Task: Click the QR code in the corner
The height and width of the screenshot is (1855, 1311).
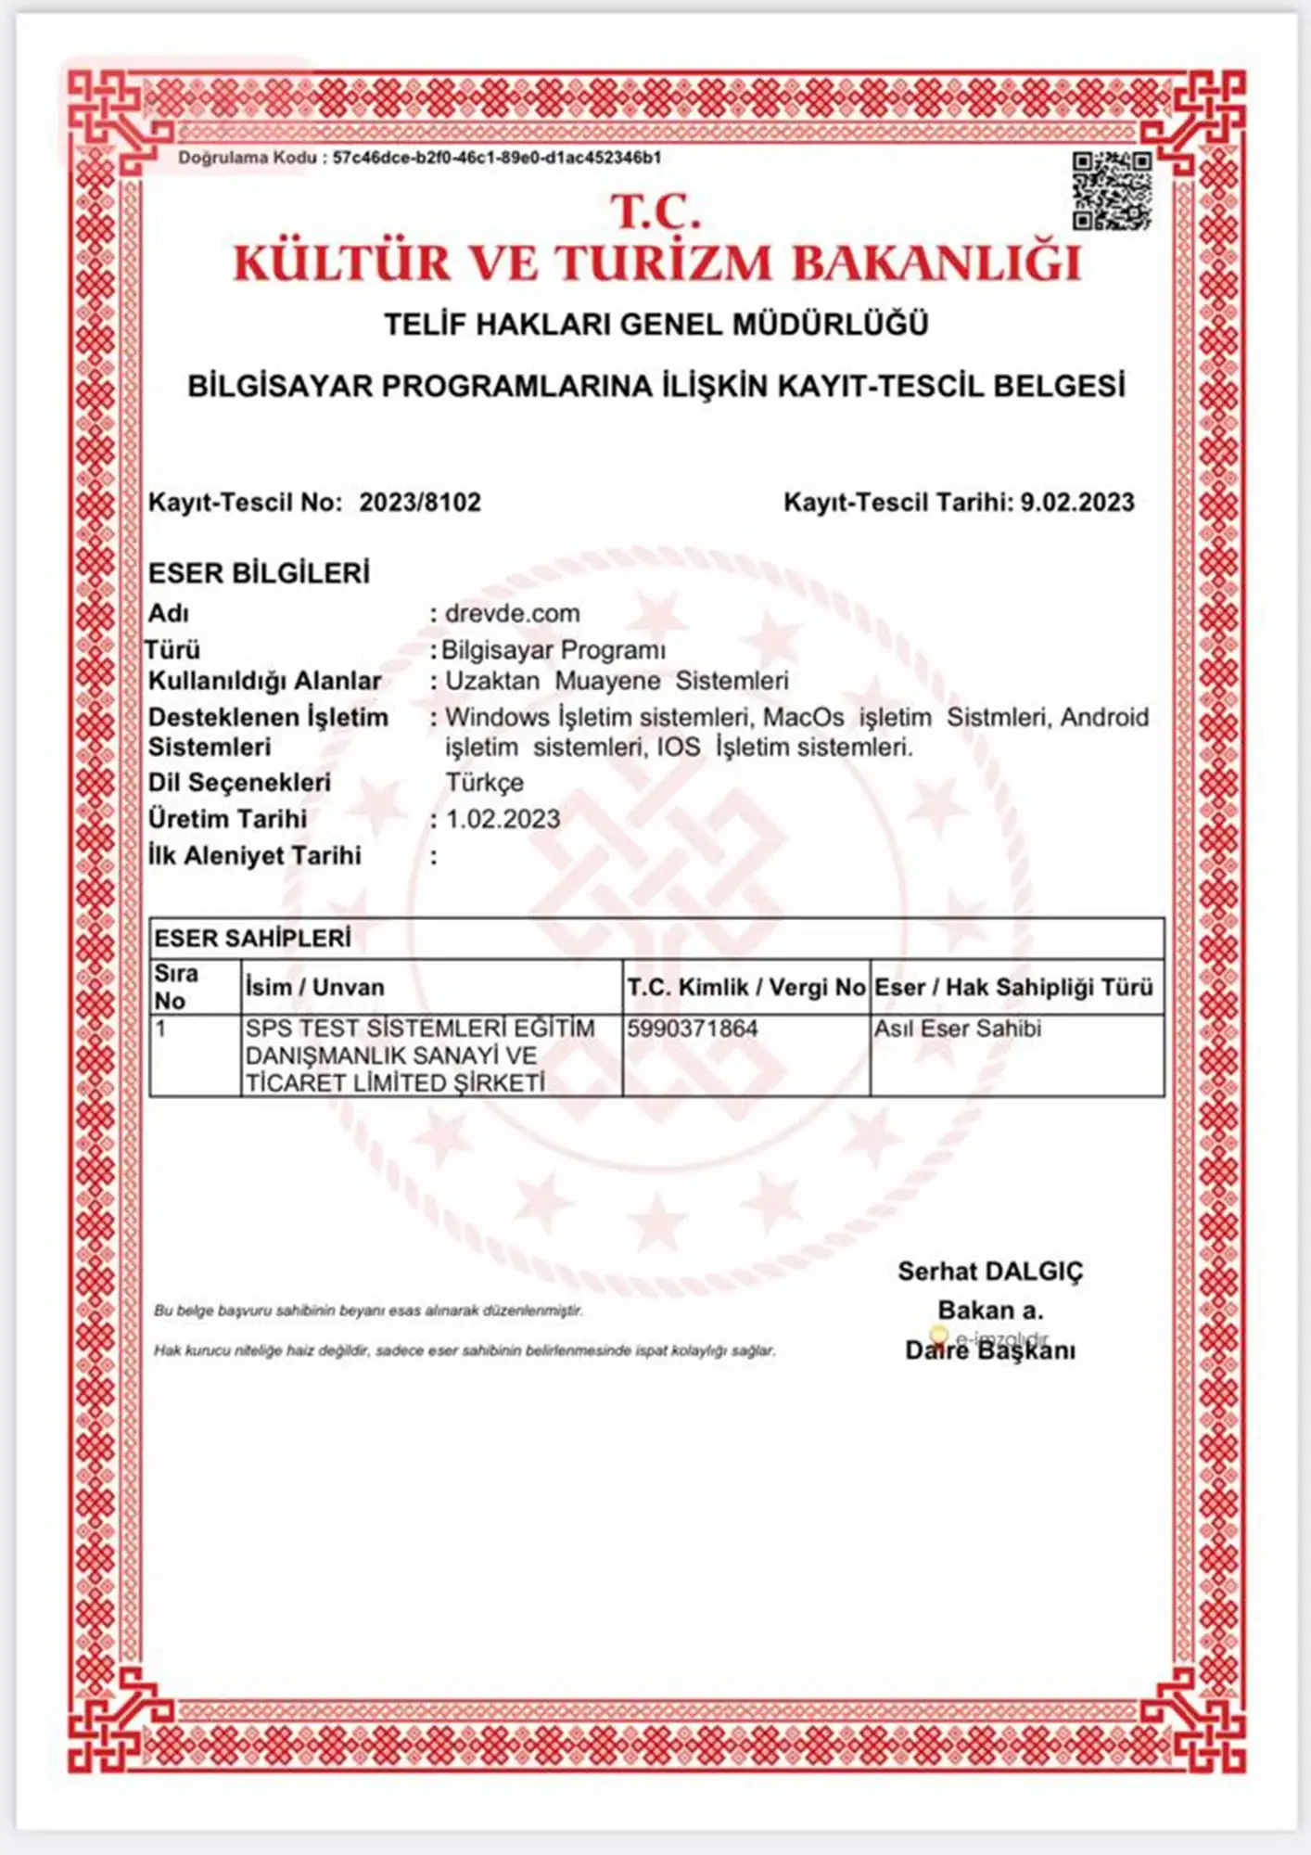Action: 1112,191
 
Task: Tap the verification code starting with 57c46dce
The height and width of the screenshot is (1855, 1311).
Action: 497,158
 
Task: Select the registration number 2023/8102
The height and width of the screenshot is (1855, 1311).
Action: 420,503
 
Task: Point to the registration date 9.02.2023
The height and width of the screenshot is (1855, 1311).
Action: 1077,503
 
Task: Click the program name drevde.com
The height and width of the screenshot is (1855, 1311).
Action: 513,613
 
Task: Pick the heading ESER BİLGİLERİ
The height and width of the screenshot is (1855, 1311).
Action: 259,573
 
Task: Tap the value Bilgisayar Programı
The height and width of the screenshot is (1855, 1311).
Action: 554,650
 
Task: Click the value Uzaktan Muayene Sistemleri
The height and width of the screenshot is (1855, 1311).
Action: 617,681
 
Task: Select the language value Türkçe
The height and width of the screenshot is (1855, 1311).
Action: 484,782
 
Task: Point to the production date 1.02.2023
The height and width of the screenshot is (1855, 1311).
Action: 503,819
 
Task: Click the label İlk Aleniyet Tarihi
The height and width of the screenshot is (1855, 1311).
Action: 255,855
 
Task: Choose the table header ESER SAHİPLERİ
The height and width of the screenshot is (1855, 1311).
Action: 252,939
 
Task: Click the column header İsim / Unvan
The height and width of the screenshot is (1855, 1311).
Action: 314,987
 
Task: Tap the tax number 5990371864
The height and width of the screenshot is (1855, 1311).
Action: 692,1029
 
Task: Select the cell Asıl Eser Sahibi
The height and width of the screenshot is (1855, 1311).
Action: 958,1029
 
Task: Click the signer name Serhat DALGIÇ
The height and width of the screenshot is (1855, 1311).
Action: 990,1272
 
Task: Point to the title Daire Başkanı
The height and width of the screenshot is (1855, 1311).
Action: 990,1350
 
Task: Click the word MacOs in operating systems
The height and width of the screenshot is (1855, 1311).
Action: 803,717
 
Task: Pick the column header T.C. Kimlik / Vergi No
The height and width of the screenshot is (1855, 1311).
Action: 745,987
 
